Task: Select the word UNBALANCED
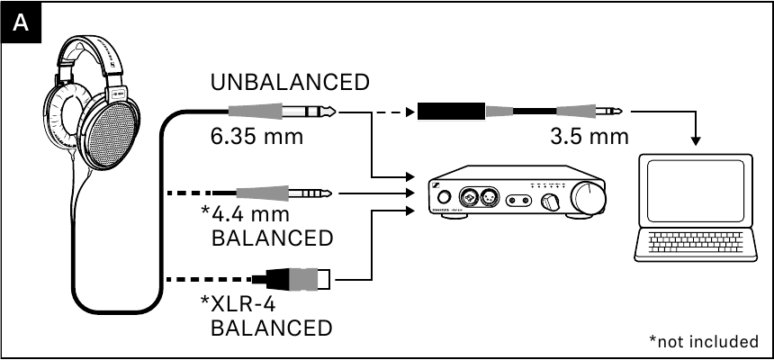(289, 83)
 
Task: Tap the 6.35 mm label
(255, 139)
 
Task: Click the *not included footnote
(703, 341)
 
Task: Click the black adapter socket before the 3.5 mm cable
(450, 112)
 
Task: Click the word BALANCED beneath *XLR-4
(271, 326)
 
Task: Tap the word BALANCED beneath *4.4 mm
(271, 238)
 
